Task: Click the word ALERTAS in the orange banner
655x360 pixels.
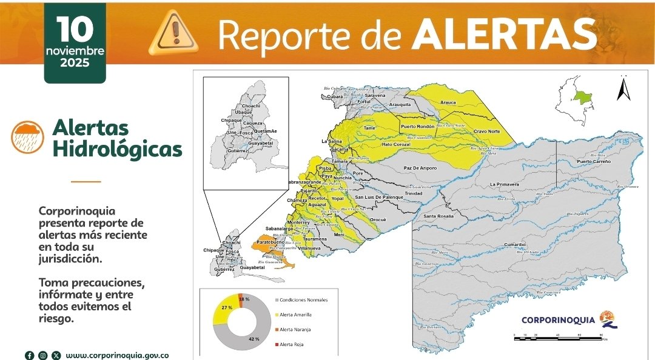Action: [x=503, y=35]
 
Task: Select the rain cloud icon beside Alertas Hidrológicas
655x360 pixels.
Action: [x=27, y=137]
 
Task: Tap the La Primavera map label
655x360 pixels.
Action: [x=505, y=184]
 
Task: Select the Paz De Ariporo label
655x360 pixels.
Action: [x=420, y=168]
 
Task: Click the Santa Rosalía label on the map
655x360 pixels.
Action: [x=438, y=216]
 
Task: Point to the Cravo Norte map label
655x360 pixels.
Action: [x=486, y=132]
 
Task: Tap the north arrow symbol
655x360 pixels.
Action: [x=623, y=89]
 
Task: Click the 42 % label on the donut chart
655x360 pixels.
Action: [x=254, y=339]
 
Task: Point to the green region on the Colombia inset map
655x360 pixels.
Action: [x=583, y=97]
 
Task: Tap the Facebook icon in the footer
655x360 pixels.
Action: [x=29, y=356]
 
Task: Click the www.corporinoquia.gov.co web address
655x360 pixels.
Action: [x=117, y=356]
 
